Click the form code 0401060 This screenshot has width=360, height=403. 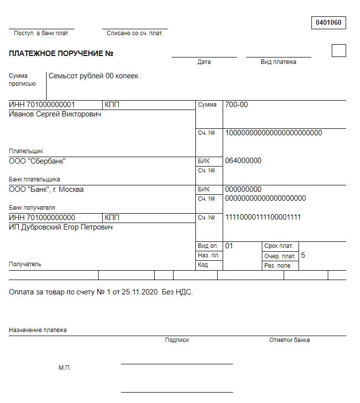328,22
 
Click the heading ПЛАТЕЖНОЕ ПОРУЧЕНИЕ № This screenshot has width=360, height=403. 61,54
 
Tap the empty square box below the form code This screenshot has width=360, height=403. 338,51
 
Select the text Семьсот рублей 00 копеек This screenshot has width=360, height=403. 93,76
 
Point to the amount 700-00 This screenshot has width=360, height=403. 237,105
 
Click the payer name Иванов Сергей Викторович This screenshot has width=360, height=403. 55,114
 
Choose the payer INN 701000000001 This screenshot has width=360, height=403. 42,105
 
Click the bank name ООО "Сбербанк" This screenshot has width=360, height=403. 37,161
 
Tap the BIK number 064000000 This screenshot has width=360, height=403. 243,161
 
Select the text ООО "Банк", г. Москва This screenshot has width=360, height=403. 46,189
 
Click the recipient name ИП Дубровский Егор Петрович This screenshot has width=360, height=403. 60,227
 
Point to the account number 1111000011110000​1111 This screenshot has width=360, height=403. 263,217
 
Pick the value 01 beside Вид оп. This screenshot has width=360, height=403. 229,246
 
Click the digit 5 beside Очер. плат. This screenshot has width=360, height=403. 303,256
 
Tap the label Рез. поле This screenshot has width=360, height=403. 277,266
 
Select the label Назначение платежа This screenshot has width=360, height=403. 38,330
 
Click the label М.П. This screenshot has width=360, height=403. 65,368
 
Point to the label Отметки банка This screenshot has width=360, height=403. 290,340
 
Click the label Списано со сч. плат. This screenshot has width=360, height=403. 135,33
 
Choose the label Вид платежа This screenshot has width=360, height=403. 279,62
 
